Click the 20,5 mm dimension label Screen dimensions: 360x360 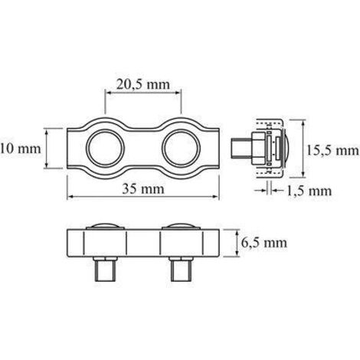click(x=143, y=84)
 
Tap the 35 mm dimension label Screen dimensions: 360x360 click(x=143, y=189)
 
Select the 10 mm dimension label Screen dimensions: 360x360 click(x=21, y=149)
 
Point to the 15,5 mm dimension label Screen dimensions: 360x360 click(x=333, y=151)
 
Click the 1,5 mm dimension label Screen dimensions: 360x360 click(x=309, y=191)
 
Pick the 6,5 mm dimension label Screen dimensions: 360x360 click(x=264, y=243)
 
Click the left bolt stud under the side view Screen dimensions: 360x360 click(x=105, y=270)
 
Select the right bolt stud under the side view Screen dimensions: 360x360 click(x=180, y=270)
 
